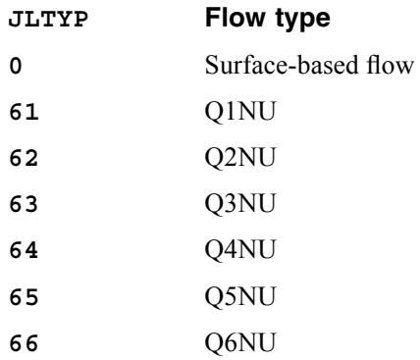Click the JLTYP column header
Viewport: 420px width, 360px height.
[48, 20]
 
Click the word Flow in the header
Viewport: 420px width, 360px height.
[235, 18]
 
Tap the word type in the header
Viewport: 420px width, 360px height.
[303, 20]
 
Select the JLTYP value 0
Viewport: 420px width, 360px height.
[16, 66]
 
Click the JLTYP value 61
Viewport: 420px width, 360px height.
[24, 112]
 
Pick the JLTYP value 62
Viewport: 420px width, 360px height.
[24, 158]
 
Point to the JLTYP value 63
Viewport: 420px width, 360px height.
[24, 204]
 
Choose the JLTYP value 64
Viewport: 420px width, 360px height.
[24, 250]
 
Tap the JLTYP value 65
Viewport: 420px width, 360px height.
[24, 297]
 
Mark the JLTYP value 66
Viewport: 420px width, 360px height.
[24, 343]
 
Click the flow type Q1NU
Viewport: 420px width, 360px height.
[240, 112]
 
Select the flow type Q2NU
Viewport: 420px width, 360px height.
[240, 158]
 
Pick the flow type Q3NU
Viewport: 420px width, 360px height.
[240, 204]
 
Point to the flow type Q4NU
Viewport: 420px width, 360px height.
[240, 250]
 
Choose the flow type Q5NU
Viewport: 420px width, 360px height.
[240, 297]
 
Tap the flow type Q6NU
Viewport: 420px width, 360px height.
[240, 343]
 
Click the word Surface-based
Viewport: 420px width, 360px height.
[282, 65]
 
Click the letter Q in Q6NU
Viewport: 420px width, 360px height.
[214, 344]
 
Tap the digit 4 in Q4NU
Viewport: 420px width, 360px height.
[230, 250]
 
